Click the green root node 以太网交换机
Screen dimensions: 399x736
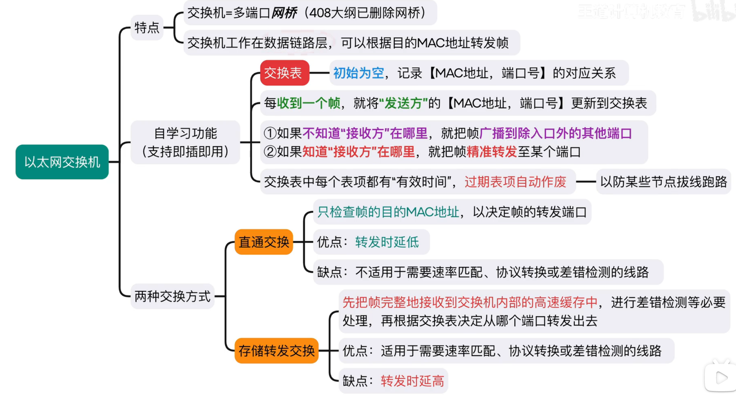click(62, 162)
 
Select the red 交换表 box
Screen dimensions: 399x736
click(284, 73)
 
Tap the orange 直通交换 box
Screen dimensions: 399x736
click(264, 242)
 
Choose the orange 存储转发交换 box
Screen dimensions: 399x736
click(276, 351)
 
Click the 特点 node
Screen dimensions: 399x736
click(147, 28)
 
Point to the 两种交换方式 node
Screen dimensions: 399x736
click(172, 296)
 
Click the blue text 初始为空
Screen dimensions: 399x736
click(358, 73)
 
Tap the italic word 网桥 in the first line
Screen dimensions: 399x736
click(284, 13)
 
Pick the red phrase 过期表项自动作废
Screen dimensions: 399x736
click(515, 182)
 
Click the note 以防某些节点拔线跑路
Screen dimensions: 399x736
click(663, 182)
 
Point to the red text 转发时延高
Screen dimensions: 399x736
click(412, 381)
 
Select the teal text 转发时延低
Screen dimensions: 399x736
click(387, 242)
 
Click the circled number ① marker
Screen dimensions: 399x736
click(270, 134)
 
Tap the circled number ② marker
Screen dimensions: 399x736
click(270, 152)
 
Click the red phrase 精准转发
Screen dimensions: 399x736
click(492, 152)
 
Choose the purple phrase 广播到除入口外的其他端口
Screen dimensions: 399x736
click(556, 134)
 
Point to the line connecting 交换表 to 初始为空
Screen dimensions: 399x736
click(319, 73)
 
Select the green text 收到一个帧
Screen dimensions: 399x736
click(309, 103)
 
